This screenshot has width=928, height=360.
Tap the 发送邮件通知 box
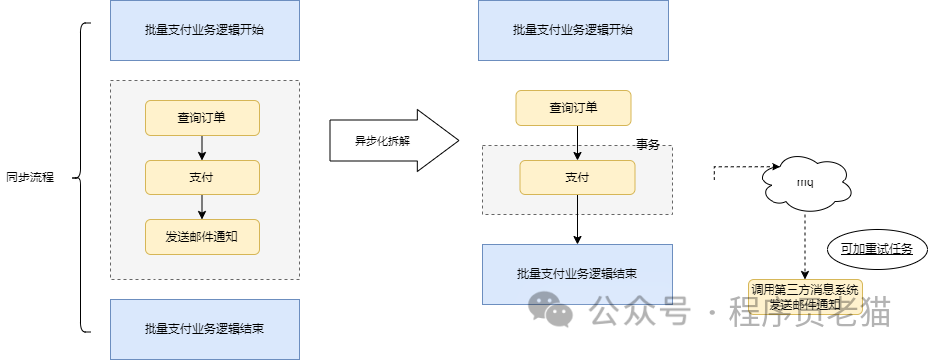[x=202, y=236]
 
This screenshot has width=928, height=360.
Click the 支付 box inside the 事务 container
[x=577, y=178]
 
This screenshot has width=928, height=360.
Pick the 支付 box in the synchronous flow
[x=202, y=178]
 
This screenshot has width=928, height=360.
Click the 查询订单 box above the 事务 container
[x=573, y=108]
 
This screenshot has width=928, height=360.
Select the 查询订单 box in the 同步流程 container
[x=202, y=117]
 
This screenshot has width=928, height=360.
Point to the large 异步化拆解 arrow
[x=391, y=141]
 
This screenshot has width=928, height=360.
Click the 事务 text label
[x=648, y=144]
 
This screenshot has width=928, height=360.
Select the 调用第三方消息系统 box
[x=804, y=296]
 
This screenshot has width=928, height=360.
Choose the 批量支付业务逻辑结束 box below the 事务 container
[x=577, y=273]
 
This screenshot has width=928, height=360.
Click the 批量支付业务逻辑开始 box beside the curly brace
[x=203, y=30]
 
